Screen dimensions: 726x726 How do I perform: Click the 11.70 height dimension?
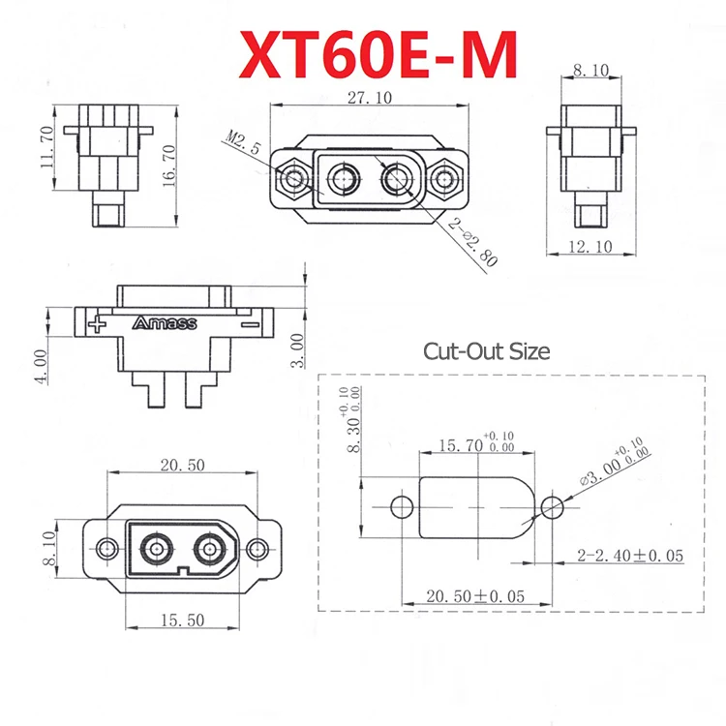pos(45,150)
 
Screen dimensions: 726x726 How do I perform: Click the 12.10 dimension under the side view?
pos(590,249)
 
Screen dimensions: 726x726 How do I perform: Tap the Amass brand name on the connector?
pos(164,323)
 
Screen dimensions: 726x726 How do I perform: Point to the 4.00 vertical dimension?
pos(41,366)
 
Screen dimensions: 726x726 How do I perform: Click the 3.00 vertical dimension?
pos(298,350)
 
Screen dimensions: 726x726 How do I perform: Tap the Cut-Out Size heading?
pos(486,350)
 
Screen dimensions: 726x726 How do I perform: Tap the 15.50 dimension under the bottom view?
pos(184,620)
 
